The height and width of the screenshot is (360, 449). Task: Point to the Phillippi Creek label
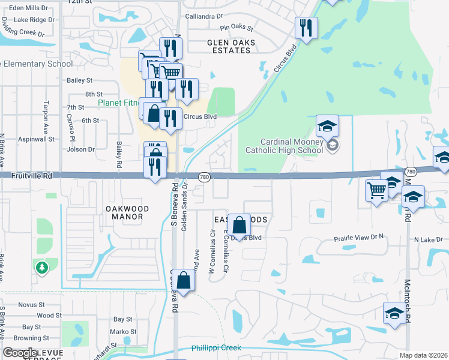pyautogui.click(x=216, y=348)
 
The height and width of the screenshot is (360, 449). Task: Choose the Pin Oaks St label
pyautogui.click(x=237, y=28)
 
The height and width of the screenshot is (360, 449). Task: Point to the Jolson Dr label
pyautogui.click(x=83, y=149)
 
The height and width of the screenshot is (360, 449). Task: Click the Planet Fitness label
pyautogui.click(x=118, y=103)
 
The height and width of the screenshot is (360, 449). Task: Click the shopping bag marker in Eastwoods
pyautogui.click(x=239, y=226)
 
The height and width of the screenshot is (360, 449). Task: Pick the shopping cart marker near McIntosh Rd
pyautogui.click(x=376, y=191)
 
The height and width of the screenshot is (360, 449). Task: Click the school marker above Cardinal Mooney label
pyautogui.click(x=327, y=126)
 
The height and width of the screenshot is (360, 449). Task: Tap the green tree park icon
pyautogui.click(x=42, y=268)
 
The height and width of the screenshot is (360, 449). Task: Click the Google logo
pyautogui.click(x=20, y=352)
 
